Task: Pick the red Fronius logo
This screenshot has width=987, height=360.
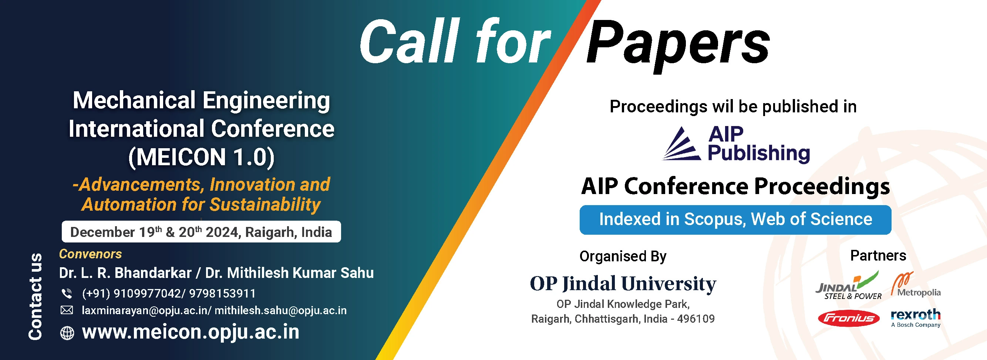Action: [x=848, y=318]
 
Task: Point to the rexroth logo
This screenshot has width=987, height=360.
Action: [x=915, y=318]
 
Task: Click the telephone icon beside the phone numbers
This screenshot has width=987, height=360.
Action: [x=67, y=293]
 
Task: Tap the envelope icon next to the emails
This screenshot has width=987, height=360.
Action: [x=67, y=310]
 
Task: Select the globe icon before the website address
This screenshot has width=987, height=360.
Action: [x=67, y=333]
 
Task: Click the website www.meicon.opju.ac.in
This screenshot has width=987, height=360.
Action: [x=191, y=332]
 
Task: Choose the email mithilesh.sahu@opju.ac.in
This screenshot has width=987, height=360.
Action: [x=280, y=310]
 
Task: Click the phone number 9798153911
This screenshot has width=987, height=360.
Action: [x=222, y=293]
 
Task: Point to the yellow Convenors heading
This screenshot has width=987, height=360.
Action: [x=90, y=254]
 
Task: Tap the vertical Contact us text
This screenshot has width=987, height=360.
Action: [x=35, y=296]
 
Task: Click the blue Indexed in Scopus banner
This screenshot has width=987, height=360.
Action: [x=735, y=220]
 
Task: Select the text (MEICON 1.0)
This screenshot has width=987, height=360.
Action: [x=202, y=157]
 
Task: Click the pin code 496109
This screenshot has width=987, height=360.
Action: [x=696, y=319]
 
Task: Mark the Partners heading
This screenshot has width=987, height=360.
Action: [x=878, y=255]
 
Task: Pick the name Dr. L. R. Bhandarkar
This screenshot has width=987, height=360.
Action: [x=125, y=273]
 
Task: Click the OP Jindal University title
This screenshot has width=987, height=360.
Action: [x=623, y=284]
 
